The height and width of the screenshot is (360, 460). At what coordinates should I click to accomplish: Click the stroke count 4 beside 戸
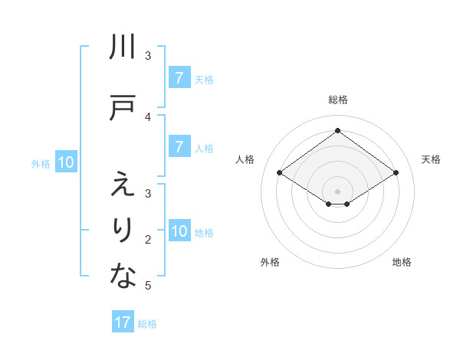[x=148, y=116]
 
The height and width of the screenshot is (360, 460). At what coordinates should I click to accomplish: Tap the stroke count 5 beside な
[x=148, y=286]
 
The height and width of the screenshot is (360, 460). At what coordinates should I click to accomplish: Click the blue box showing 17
[x=123, y=322]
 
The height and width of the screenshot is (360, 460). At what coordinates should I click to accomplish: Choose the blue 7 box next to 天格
[x=178, y=77]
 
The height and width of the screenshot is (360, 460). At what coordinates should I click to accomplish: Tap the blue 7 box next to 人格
[x=178, y=147]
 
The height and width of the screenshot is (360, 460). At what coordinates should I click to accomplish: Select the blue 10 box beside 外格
[x=66, y=162]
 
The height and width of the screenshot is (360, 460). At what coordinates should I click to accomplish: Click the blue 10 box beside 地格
[x=179, y=231]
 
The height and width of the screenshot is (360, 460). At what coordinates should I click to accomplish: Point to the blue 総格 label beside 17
[x=147, y=323]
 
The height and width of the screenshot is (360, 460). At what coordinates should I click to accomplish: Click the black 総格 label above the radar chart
[x=337, y=100]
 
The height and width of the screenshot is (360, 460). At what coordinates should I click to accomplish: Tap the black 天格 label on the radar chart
[x=432, y=159]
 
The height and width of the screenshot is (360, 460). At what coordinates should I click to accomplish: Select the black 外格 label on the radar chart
[x=270, y=262]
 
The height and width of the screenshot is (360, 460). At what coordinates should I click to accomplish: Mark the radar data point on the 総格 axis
[x=337, y=131]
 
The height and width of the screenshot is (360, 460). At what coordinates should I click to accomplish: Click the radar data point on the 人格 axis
[x=280, y=173]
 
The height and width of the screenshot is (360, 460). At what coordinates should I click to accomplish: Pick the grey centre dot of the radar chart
[x=337, y=190]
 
